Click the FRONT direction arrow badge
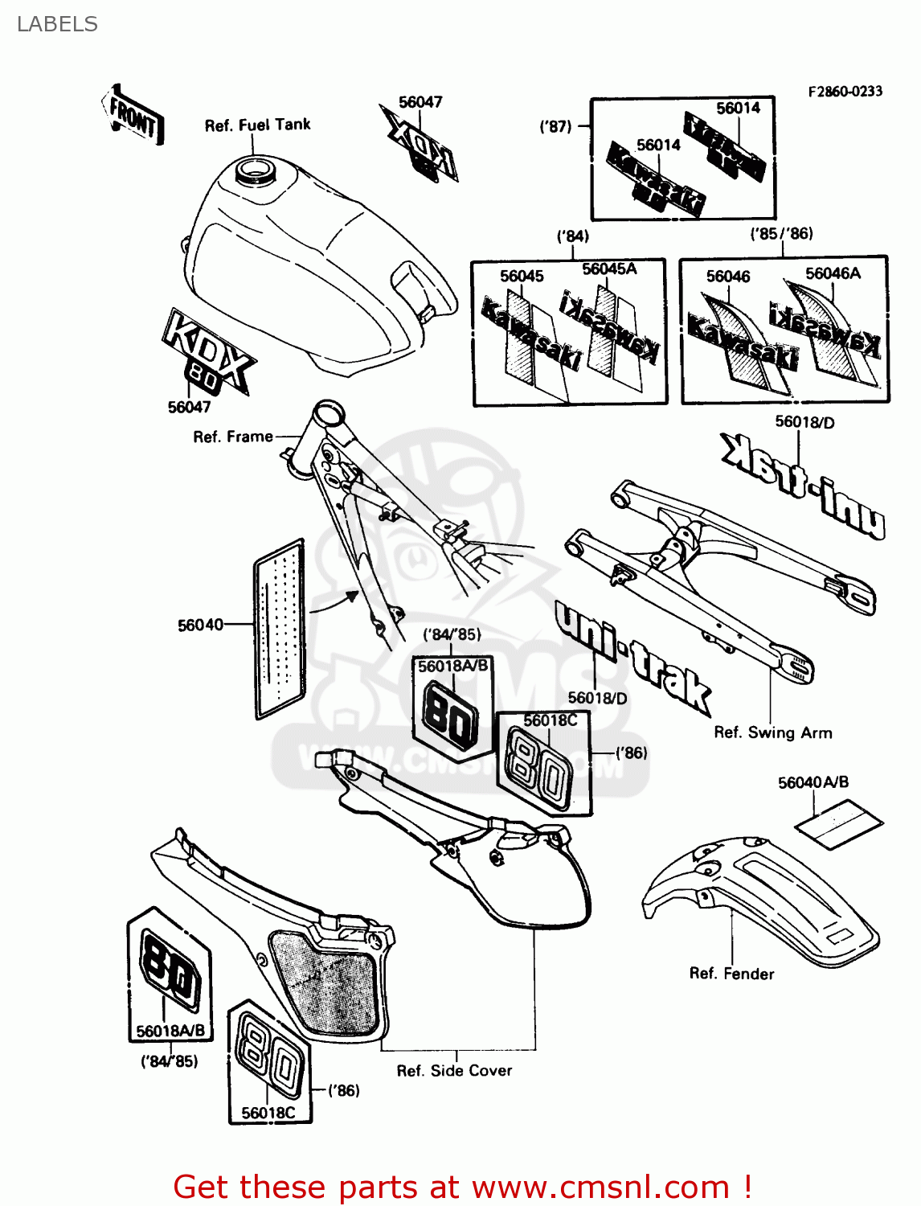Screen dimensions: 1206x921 133,116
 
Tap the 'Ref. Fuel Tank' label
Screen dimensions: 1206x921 257,125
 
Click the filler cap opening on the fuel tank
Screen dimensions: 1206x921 253,170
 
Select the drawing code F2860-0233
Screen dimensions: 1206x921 845,92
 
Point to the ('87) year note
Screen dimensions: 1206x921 555,126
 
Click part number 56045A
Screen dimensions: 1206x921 609,269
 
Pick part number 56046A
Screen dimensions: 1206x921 833,273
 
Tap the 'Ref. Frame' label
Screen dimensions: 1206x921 233,437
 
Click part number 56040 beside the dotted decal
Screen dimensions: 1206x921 200,625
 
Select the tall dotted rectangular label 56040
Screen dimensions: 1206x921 280,629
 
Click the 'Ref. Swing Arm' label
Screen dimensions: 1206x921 773,732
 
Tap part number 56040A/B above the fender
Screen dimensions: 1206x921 813,782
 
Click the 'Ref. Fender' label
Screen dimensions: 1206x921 731,974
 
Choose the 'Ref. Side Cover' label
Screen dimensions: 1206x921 454,1071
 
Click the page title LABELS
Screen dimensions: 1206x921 57,24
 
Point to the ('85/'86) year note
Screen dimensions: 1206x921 781,234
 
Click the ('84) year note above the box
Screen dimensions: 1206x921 572,236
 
